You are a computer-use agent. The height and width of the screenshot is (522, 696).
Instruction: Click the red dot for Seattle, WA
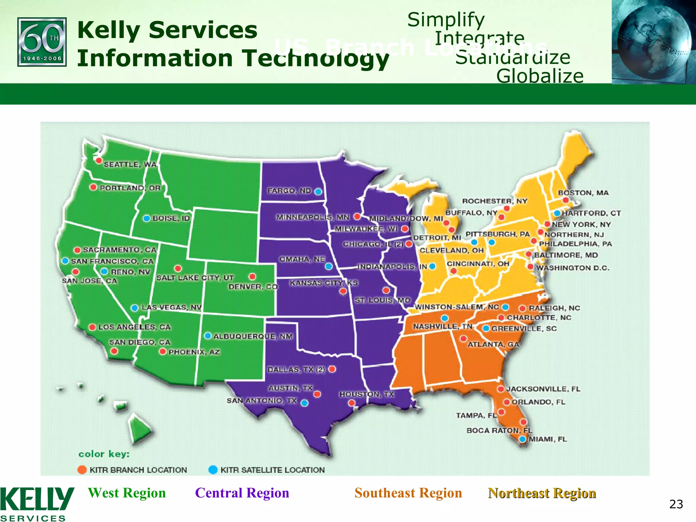pos(99,160)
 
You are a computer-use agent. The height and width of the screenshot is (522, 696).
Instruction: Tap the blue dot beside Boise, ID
pos(146,218)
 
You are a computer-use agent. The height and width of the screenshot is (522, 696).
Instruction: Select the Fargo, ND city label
pos(289,191)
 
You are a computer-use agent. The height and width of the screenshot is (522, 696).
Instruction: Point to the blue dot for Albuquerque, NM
pos(208,336)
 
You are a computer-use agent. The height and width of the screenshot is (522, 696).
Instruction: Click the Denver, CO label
pos(253,287)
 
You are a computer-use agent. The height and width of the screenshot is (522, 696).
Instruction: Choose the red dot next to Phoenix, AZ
pos(163,351)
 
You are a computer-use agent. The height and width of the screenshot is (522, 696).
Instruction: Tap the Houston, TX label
pos(366,394)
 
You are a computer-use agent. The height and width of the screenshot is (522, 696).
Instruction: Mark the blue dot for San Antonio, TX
pos(304,403)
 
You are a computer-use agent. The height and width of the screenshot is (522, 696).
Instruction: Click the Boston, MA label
pos(583,193)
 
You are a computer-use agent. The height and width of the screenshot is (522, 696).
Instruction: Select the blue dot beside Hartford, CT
pos(557,213)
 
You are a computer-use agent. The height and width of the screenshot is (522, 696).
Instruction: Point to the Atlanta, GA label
pos(493,344)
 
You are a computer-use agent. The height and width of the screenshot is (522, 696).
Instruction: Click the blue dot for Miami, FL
pos(523,439)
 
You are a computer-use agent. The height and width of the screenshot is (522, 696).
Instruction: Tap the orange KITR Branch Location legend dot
pos(82,470)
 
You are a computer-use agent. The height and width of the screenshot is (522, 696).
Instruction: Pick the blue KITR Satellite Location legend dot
pos(213,470)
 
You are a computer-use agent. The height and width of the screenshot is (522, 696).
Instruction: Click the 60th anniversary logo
pos(42,42)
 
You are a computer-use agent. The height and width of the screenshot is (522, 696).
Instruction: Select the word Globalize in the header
pos(540,76)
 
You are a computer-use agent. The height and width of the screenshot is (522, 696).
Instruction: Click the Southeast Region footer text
pos(408,493)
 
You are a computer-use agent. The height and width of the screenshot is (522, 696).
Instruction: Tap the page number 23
pos(676,504)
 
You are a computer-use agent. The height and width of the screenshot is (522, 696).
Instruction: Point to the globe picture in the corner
pos(654,41)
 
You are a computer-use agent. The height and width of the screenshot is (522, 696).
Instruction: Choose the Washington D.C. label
pos(573,268)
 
